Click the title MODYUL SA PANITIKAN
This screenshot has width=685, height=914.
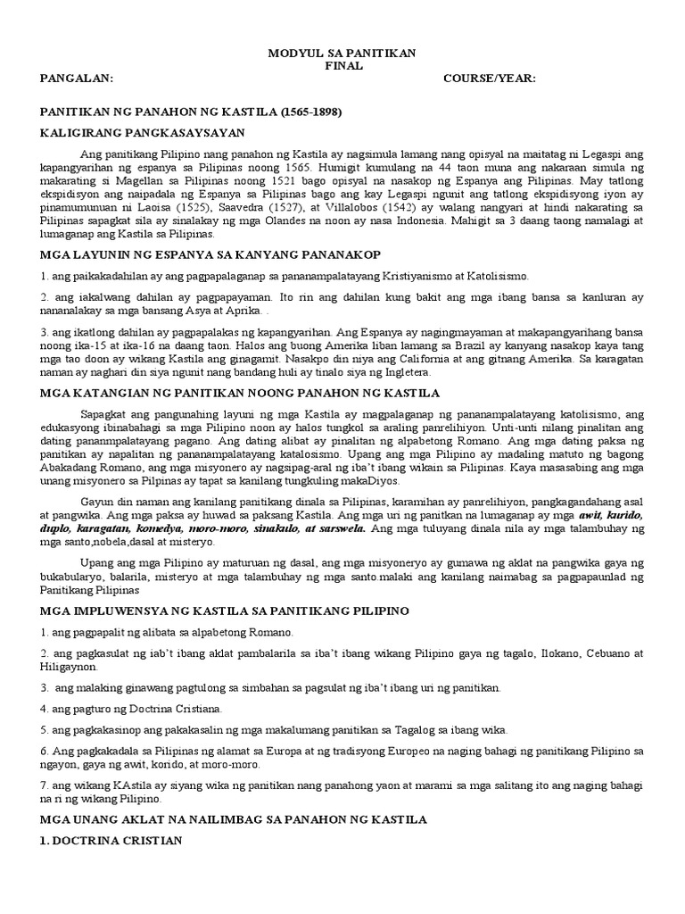[342, 54]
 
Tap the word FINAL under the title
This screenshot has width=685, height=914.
[342, 66]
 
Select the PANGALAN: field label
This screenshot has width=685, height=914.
[78, 79]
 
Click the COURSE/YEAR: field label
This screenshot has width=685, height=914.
[489, 79]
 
